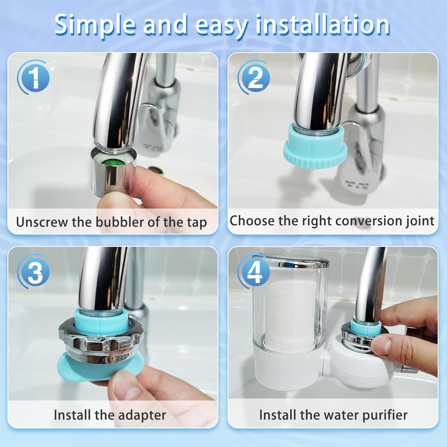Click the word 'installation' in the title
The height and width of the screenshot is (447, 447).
[x=323, y=24]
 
